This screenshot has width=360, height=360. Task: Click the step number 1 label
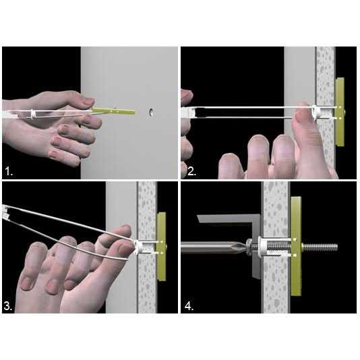9,171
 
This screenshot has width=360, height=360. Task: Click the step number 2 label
191,171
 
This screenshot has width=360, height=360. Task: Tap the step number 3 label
8,306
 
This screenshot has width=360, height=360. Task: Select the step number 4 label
189,306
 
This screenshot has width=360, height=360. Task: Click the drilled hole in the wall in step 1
151,113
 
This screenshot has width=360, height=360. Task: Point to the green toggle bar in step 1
113,111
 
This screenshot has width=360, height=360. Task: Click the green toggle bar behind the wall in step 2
340,112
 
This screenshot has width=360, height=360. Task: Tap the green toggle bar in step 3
162,246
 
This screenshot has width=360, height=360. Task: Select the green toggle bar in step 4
296,246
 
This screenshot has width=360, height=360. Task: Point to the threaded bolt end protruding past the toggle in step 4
320,247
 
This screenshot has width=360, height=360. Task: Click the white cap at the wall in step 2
317,113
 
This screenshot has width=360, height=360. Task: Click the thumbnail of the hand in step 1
88,100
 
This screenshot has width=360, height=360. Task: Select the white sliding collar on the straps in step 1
33,113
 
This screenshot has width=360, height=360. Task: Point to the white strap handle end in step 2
188,113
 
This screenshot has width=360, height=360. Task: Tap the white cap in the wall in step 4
261,247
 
